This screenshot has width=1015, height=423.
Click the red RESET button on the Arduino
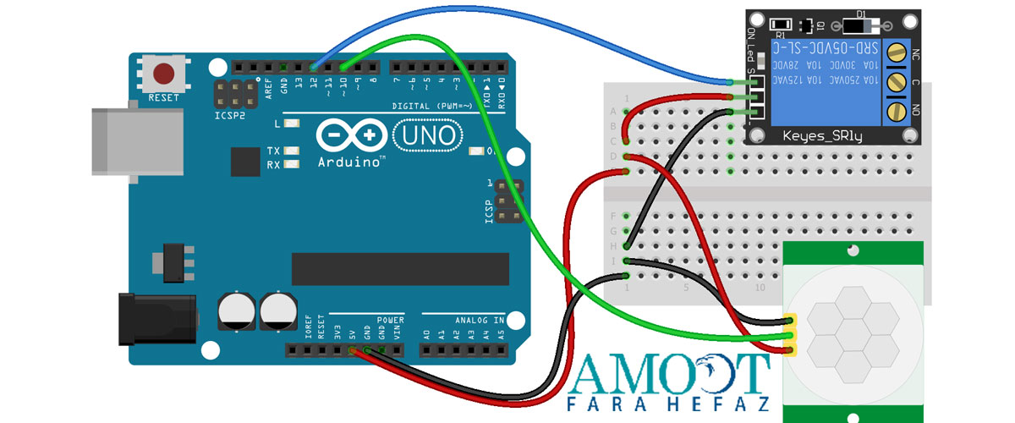pyautogui.click(x=164, y=74)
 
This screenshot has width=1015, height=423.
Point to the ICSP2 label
pyautogui.click(x=229, y=116)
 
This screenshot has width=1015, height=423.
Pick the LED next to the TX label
pyautogui.click(x=293, y=151)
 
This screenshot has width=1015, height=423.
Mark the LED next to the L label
pyautogui.click(x=293, y=124)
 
